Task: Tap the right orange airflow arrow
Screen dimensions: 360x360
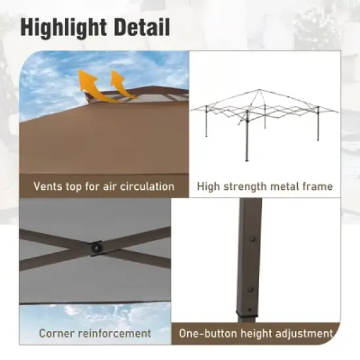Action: [x=118, y=84]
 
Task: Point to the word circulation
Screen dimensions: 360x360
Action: [x=145, y=187]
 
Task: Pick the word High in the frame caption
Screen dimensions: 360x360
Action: [x=209, y=187]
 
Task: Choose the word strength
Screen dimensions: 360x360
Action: [x=245, y=187]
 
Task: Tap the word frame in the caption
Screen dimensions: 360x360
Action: [x=319, y=187]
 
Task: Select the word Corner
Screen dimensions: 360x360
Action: [x=57, y=333]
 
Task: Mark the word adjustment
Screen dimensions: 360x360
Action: [x=304, y=333]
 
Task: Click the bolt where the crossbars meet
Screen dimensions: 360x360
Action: [x=96, y=247]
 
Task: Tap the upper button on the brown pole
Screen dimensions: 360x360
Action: [x=251, y=240]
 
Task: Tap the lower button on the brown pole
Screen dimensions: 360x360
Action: [x=249, y=289]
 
